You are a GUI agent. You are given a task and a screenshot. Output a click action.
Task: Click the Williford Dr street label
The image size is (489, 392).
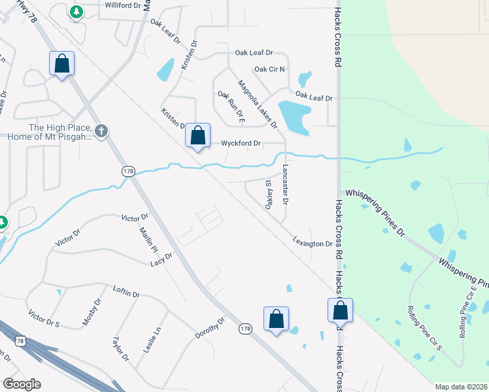coord(123,5)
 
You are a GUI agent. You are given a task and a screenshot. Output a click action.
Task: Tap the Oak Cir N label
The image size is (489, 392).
coord(269,69)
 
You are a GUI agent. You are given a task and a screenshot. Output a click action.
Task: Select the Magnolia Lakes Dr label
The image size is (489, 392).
coord(258,105)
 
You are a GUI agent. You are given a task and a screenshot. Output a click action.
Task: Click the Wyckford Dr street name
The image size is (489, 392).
coord(241,143)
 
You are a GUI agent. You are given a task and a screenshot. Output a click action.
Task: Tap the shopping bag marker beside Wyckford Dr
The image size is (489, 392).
coord(198,137)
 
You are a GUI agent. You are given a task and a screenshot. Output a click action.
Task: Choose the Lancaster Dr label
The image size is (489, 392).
coord(285,184)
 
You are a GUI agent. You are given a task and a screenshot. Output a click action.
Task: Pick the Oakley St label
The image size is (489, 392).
coord(268,194)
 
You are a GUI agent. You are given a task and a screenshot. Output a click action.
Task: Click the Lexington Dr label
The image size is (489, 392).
coord(312,243)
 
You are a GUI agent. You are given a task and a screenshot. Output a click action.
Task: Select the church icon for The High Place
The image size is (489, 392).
coord(101,131)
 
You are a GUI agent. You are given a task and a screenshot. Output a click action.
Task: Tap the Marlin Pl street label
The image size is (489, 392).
coord(149,239)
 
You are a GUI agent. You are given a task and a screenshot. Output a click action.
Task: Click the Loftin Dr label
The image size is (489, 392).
coord(126,291)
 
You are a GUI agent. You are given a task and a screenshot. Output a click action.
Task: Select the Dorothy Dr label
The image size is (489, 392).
coord(210,329)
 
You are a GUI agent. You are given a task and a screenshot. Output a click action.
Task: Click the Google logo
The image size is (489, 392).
coord(22,384)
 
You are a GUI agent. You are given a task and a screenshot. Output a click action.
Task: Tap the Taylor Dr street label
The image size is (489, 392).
coord(120,349)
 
